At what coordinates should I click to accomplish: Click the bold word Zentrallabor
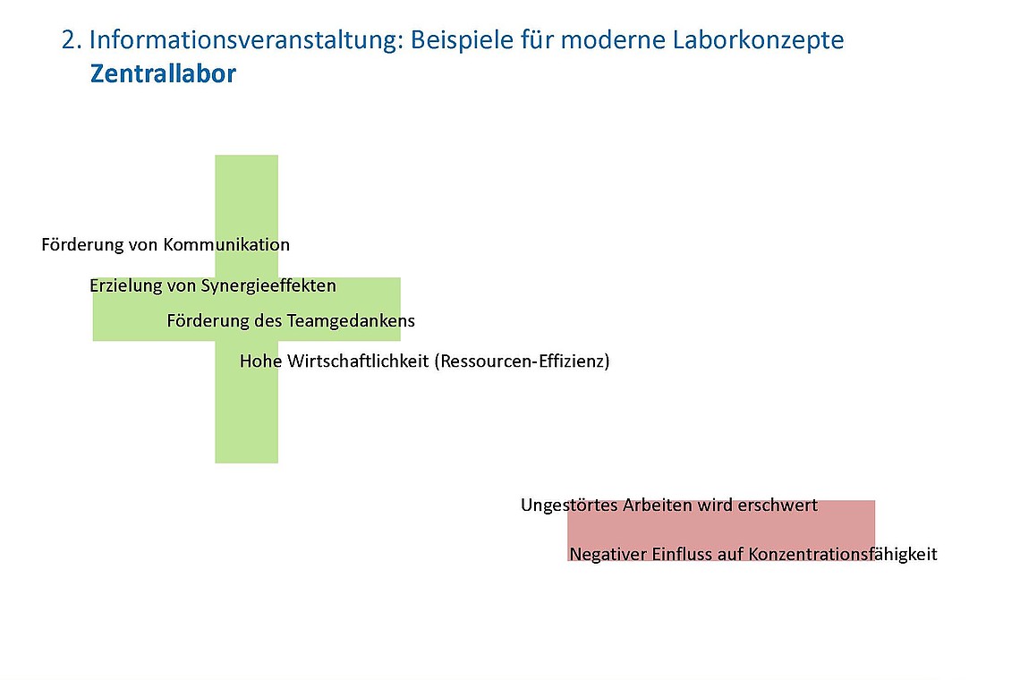163,73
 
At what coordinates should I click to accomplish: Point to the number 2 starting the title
68,40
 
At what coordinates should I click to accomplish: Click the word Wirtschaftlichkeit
357,361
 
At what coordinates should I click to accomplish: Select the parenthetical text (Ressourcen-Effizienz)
522,361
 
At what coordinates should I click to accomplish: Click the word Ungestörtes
569,506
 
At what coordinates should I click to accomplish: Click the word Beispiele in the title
456,40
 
